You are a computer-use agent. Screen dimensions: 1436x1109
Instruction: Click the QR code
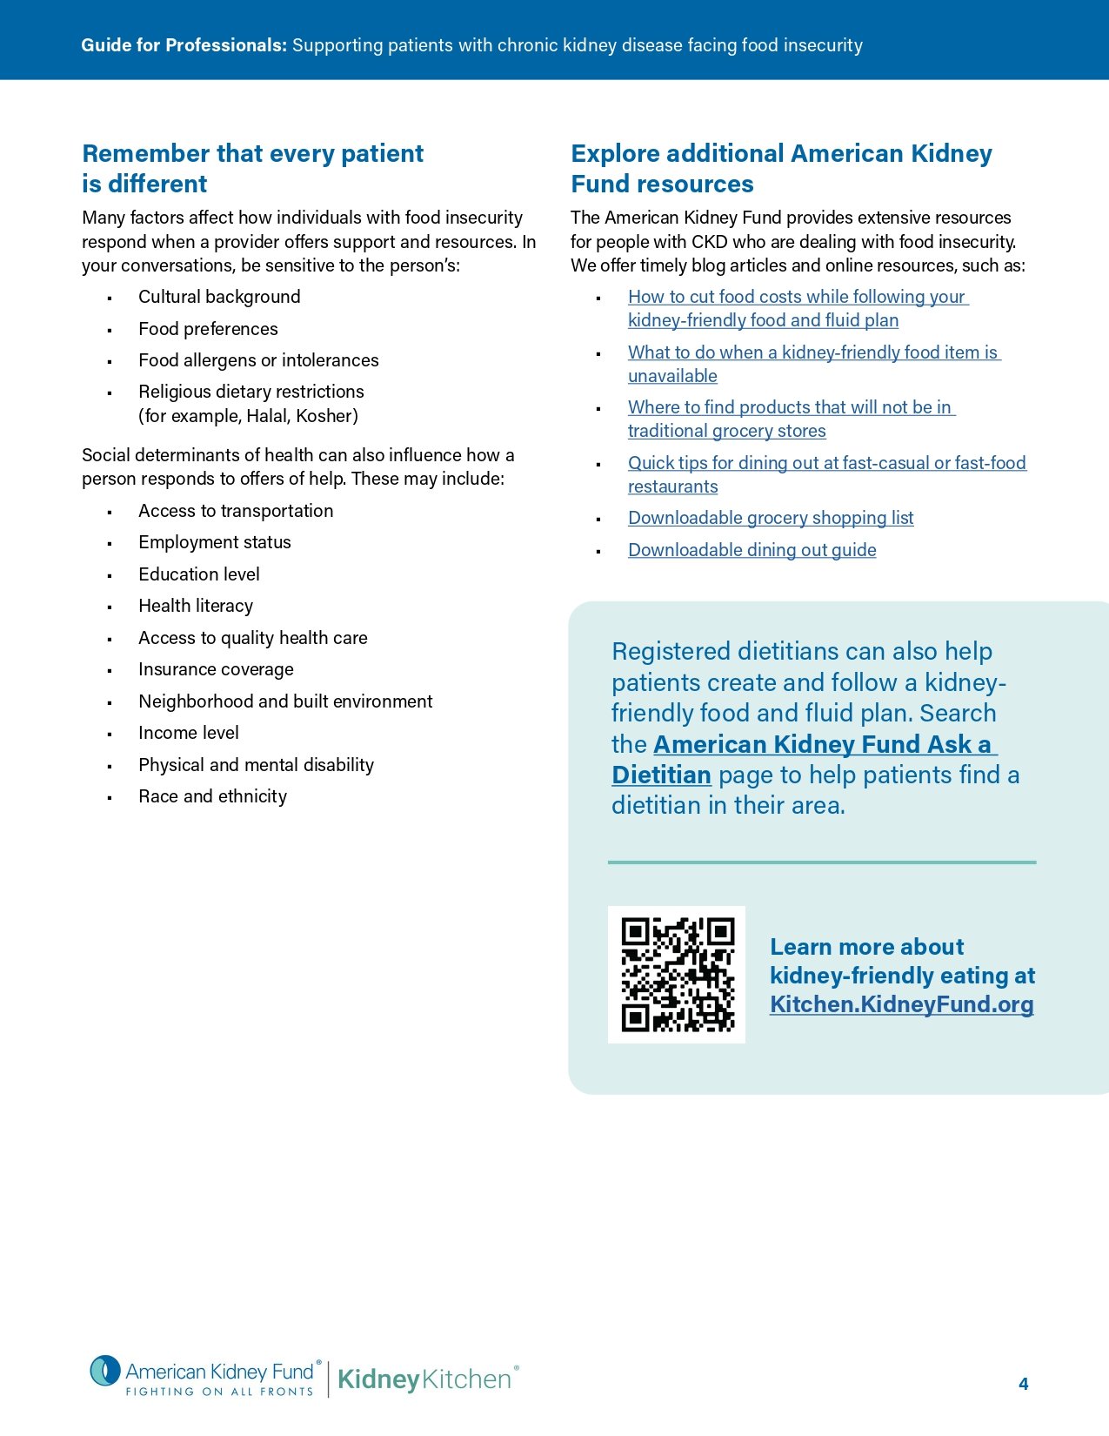point(677,974)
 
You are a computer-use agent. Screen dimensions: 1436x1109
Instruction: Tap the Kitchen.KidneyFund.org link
point(901,1004)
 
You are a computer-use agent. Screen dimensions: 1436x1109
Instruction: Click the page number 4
point(1023,1384)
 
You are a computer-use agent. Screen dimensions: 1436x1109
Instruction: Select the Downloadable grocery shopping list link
point(771,518)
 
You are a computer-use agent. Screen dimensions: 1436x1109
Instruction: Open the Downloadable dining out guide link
point(752,550)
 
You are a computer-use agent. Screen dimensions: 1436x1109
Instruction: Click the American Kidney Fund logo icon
point(105,1372)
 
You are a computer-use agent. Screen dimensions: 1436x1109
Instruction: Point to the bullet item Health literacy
point(196,606)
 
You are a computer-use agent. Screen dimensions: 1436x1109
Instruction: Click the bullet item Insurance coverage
point(216,669)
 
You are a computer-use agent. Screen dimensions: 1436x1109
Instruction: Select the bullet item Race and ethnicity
point(212,796)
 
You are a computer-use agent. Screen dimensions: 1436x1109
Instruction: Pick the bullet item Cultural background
point(219,297)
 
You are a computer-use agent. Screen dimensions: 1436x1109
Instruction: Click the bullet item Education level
point(199,574)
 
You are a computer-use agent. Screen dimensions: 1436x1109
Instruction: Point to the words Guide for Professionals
point(184,45)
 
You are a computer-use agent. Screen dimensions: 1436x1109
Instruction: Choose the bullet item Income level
point(189,733)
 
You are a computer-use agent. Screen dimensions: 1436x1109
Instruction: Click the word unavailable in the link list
point(672,376)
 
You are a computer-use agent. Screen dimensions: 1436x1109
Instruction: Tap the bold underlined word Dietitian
point(661,775)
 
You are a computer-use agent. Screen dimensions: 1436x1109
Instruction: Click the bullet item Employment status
point(215,542)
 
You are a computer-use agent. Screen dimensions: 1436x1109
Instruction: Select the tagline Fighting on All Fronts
point(219,1392)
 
